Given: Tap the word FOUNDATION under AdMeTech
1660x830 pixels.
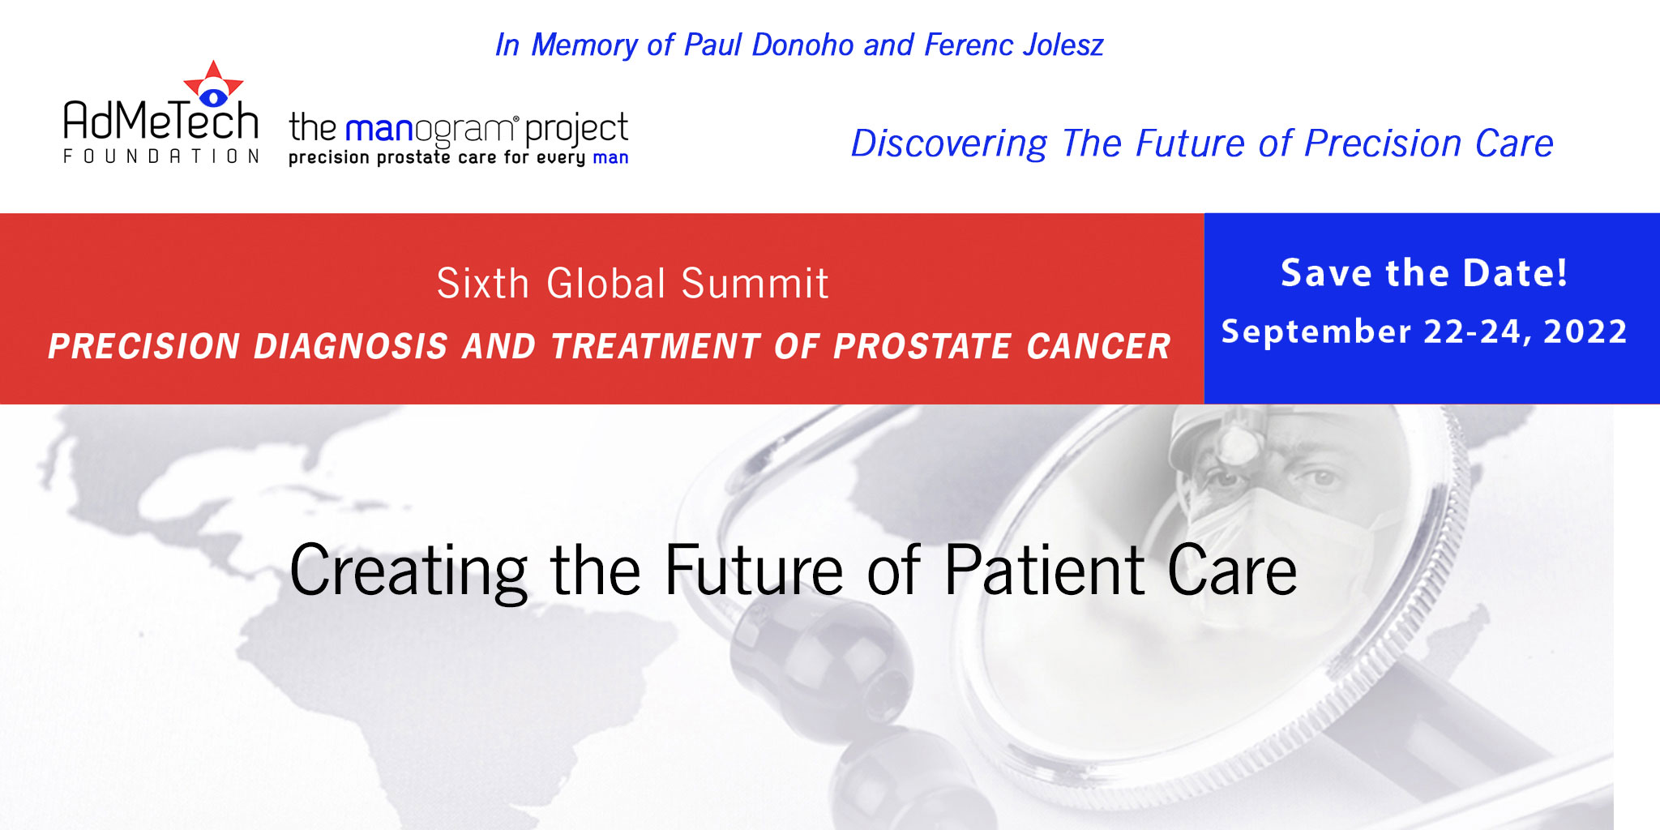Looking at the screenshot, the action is tap(161, 156).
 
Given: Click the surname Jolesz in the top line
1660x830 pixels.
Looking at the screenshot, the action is tap(1063, 45).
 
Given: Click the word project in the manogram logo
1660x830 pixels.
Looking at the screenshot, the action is tap(576, 130).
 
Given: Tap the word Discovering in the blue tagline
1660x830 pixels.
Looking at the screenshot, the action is tap(949, 144).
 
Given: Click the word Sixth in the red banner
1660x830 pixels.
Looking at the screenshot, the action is tap(483, 284).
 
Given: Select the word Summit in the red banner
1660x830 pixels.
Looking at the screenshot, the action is tap(755, 284).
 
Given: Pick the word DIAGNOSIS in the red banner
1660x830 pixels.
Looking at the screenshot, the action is tap(350, 346).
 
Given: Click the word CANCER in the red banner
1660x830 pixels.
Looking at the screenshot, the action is tap(1098, 346).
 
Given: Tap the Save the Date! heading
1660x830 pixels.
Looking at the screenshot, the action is tap(1424, 272).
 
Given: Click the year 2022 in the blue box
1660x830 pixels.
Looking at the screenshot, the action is tap(1585, 332).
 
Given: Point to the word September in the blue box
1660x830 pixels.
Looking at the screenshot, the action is tap(1316, 332).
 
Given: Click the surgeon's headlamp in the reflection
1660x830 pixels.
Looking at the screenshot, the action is tap(1237, 441).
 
